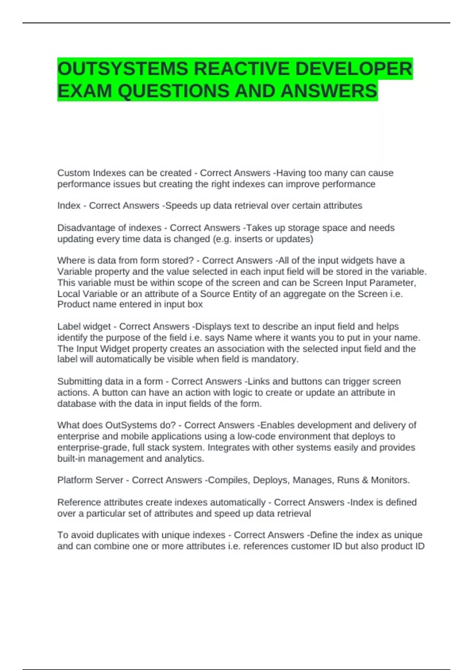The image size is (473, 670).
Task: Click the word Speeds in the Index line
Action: [x=179, y=206]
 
